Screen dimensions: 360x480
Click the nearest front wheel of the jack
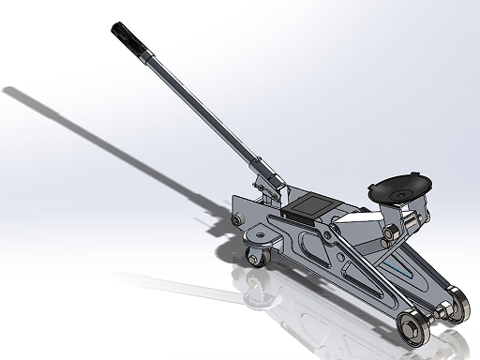click(413, 329)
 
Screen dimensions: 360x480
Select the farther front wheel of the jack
click(457, 307)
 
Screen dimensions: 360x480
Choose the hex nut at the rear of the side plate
click(235, 221)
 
